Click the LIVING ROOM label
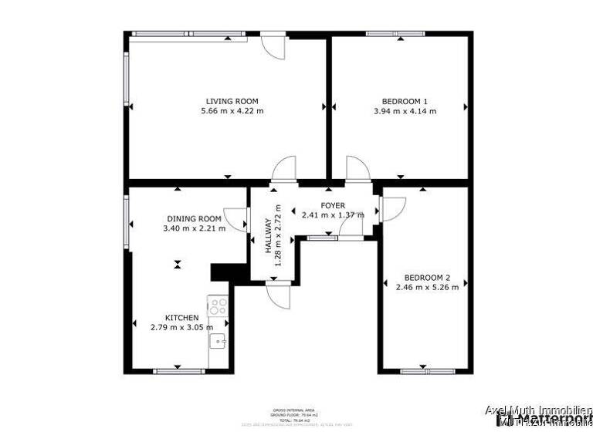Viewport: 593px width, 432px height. click(232, 101)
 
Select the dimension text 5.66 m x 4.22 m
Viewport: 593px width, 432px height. click(232, 111)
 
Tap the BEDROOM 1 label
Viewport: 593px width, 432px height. click(405, 101)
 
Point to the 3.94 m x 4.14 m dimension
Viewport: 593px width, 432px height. click(405, 111)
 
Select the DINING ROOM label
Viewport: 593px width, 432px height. click(194, 218)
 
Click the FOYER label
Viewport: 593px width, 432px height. click(333, 205)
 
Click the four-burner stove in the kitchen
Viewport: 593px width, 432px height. click(218, 305)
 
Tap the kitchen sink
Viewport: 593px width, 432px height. click(218, 341)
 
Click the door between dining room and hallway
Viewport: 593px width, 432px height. click(236, 219)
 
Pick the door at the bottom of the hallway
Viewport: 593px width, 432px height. click(277, 293)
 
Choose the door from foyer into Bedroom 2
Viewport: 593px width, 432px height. click(391, 209)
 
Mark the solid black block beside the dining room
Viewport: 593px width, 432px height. click(222, 272)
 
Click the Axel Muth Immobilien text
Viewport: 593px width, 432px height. click(538, 410)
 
